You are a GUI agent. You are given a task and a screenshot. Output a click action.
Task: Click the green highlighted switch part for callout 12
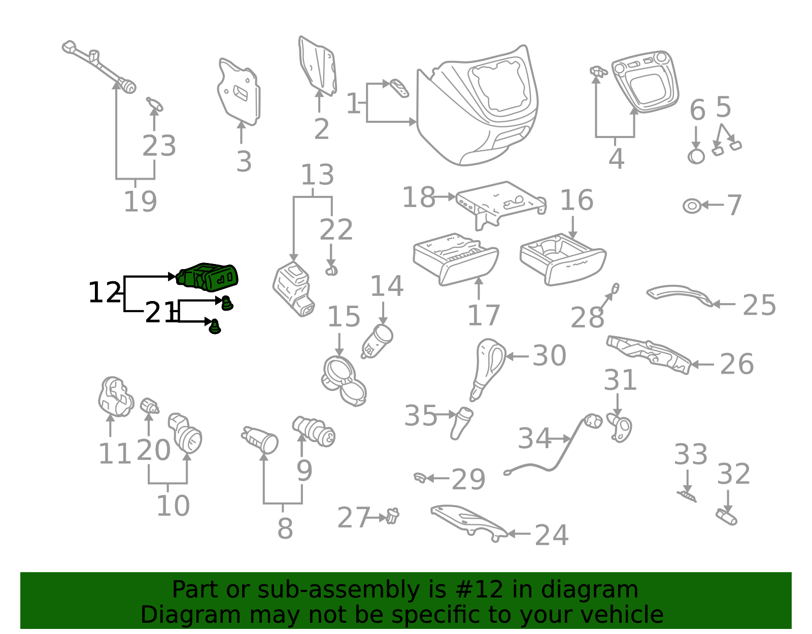(207, 277)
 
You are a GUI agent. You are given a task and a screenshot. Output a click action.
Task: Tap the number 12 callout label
(105, 292)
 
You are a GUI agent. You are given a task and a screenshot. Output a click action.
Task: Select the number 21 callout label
(160, 312)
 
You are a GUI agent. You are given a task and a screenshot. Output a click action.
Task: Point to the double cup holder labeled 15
(344, 381)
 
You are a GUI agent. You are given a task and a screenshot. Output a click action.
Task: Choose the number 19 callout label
(140, 202)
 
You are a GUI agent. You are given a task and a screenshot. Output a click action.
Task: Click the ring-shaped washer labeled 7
(692, 206)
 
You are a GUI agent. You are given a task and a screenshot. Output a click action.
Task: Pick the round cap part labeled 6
(696, 156)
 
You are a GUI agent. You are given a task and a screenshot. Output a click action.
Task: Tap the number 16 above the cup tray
(577, 200)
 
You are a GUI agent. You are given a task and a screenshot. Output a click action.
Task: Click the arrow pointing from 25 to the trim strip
(724, 304)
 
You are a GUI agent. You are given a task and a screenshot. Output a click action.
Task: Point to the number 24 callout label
(552, 535)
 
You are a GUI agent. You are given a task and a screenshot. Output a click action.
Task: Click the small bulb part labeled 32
(726, 517)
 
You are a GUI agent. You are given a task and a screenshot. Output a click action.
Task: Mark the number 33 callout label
(691, 454)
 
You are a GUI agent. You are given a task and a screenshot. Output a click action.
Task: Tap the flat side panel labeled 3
(239, 92)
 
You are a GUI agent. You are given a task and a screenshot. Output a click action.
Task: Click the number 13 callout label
(317, 175)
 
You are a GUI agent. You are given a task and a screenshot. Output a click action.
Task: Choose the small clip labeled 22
(331, 271)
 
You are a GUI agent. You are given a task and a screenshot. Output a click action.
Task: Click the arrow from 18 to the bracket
(445, 196)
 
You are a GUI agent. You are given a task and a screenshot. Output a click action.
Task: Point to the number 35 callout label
(420, 415)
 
